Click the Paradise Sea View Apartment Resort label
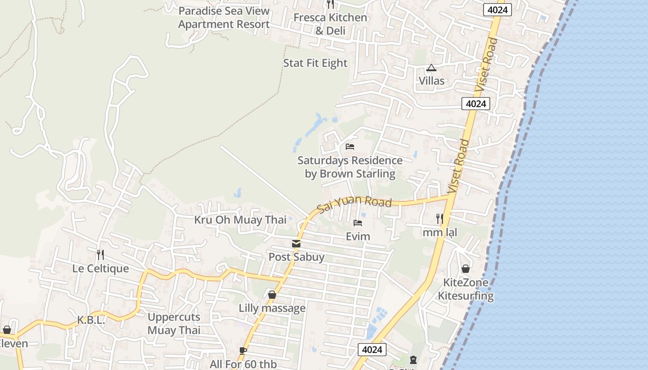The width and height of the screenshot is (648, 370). point(224,18)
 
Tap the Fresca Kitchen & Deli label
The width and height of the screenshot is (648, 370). point(330,24)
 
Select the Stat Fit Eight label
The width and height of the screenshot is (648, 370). point(315,63)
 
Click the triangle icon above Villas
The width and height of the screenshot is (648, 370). point(431,68)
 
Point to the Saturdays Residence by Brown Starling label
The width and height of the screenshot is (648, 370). point(350,167)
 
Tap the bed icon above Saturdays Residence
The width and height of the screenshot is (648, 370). point(350,147)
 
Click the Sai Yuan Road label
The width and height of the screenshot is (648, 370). point(355,203)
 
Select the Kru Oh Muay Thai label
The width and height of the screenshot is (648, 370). point(240,220)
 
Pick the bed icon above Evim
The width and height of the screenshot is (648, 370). point(358,223)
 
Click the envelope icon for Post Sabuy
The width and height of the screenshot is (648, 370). point(296,244)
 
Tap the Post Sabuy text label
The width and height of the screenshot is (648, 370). point(297,257)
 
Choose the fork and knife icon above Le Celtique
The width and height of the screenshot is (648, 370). point(100,254)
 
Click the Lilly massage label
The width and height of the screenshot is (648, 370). point(272,308)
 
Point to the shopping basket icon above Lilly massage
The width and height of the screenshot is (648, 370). point(272,295)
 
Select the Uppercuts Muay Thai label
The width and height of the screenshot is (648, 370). point(174,323)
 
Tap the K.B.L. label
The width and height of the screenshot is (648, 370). point(91,320)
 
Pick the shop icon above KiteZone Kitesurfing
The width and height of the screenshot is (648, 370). point(466,269)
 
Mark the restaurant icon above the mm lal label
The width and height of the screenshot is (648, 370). point(439,219)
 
